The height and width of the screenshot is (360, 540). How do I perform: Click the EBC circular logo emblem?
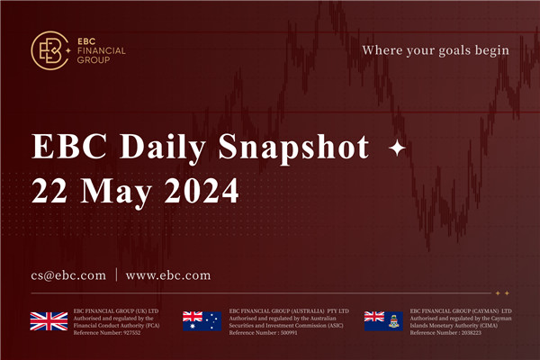click(x=48, y=51)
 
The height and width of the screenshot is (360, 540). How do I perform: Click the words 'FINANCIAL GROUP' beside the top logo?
click(x=101, y=57)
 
